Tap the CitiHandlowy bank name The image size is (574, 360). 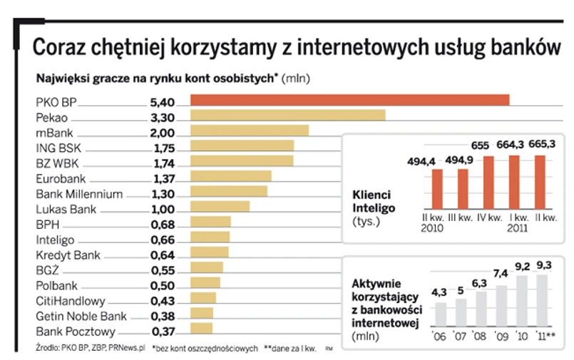point(70,301)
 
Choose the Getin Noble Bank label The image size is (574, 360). point(81,316)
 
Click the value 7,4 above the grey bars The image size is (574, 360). point(500,273)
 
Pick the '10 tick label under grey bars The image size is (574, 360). point(521,334)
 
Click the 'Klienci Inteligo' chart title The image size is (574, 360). point(371,200)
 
